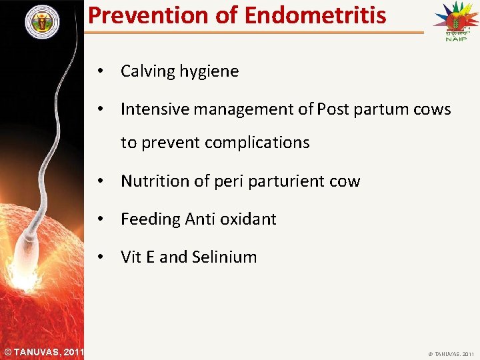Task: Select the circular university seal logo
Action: pyautogui.click(x=42, y=22)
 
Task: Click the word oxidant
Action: pyautogui.click(x=249, y=219)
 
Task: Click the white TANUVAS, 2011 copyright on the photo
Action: pyautogui.click(x=43, y=351)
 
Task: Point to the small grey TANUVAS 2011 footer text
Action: pyautogui.click(x=450, y=353)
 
